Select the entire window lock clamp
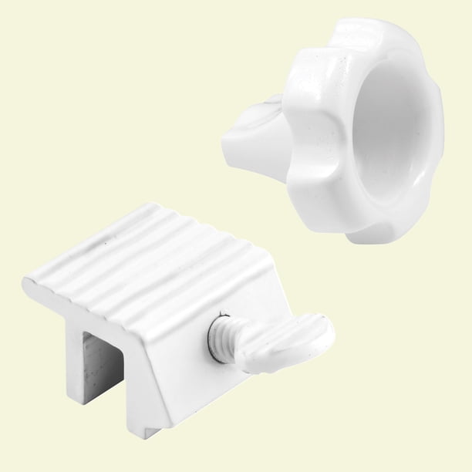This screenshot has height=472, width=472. coord(170,308)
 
